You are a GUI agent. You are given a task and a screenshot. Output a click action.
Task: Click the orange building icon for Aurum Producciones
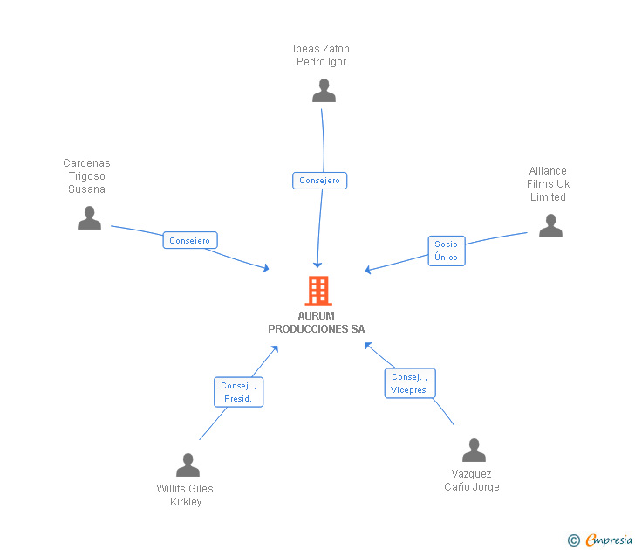tap(318, 291)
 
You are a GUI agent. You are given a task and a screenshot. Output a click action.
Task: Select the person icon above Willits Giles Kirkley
tap(188, 465)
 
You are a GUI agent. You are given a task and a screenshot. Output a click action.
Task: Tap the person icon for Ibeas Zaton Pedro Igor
tap(324, 91)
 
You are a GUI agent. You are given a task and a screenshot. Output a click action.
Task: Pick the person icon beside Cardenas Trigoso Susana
tap(89, 218)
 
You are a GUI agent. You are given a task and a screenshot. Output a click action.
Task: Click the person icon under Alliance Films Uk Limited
tap(550, 226)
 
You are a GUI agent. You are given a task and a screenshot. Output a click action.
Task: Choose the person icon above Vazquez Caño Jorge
tap(474, 450)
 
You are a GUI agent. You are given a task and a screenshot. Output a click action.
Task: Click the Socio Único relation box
tap(446, 251)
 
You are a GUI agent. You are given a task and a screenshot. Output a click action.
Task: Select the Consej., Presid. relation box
tap(238, 392)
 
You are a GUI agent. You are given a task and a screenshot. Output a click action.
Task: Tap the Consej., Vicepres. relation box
tap(409, 383)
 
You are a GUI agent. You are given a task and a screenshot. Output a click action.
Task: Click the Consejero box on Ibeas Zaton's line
tap(319, 181)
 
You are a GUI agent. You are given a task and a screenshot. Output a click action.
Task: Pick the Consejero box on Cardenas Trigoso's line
tap(189, 240)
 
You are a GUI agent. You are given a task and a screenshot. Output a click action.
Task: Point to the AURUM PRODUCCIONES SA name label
tap(316, 322)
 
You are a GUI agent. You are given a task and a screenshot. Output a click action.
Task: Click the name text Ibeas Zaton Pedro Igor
tap(321, 55)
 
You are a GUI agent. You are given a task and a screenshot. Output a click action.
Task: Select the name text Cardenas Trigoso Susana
tap(86, 176)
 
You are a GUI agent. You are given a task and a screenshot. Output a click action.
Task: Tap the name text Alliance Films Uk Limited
tap(548, 183)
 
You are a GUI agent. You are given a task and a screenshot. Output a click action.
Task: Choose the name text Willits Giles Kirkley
tap(185, 495)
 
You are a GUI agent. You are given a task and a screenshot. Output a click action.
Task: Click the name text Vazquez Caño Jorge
tap(471, 480)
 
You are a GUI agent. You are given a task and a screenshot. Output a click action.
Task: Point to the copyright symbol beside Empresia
tap(574, 540)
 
